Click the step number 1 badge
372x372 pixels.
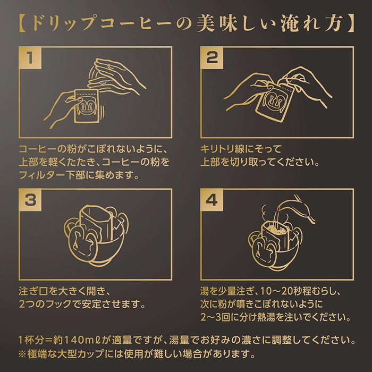click(30, 57)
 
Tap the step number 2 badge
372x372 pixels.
click(212, 57)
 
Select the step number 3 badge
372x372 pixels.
click(30, 200)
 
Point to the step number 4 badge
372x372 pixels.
click(212, 200)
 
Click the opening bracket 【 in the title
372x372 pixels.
click(23, 23)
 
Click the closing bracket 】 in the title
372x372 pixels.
click(350, 23)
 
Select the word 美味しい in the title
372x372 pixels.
click(237, 23)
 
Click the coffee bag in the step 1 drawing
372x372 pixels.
click(86, 106)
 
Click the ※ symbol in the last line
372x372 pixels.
click(22, 354)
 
